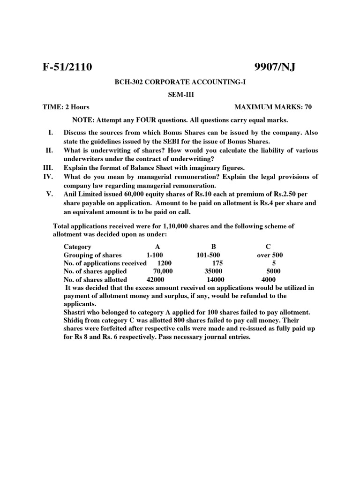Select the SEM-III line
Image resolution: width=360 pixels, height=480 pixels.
point(180,94)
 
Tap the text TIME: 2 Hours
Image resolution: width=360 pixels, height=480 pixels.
point(66,107)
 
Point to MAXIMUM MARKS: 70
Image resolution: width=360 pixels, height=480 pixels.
point(273,107)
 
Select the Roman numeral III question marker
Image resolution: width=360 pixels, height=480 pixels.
point(48,167)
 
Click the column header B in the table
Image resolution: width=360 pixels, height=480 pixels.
point(213,247)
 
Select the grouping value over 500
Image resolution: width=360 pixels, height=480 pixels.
point(270,255)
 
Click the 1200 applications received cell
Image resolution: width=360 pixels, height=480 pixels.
point(165,263)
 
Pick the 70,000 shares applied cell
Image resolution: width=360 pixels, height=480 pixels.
point(163,271)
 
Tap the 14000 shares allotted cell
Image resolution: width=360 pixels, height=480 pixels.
point(216,280)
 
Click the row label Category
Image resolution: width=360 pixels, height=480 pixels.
point(77,247)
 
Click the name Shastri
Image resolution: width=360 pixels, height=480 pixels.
point(75,313)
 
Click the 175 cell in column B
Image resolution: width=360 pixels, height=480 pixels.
point(217,263)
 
